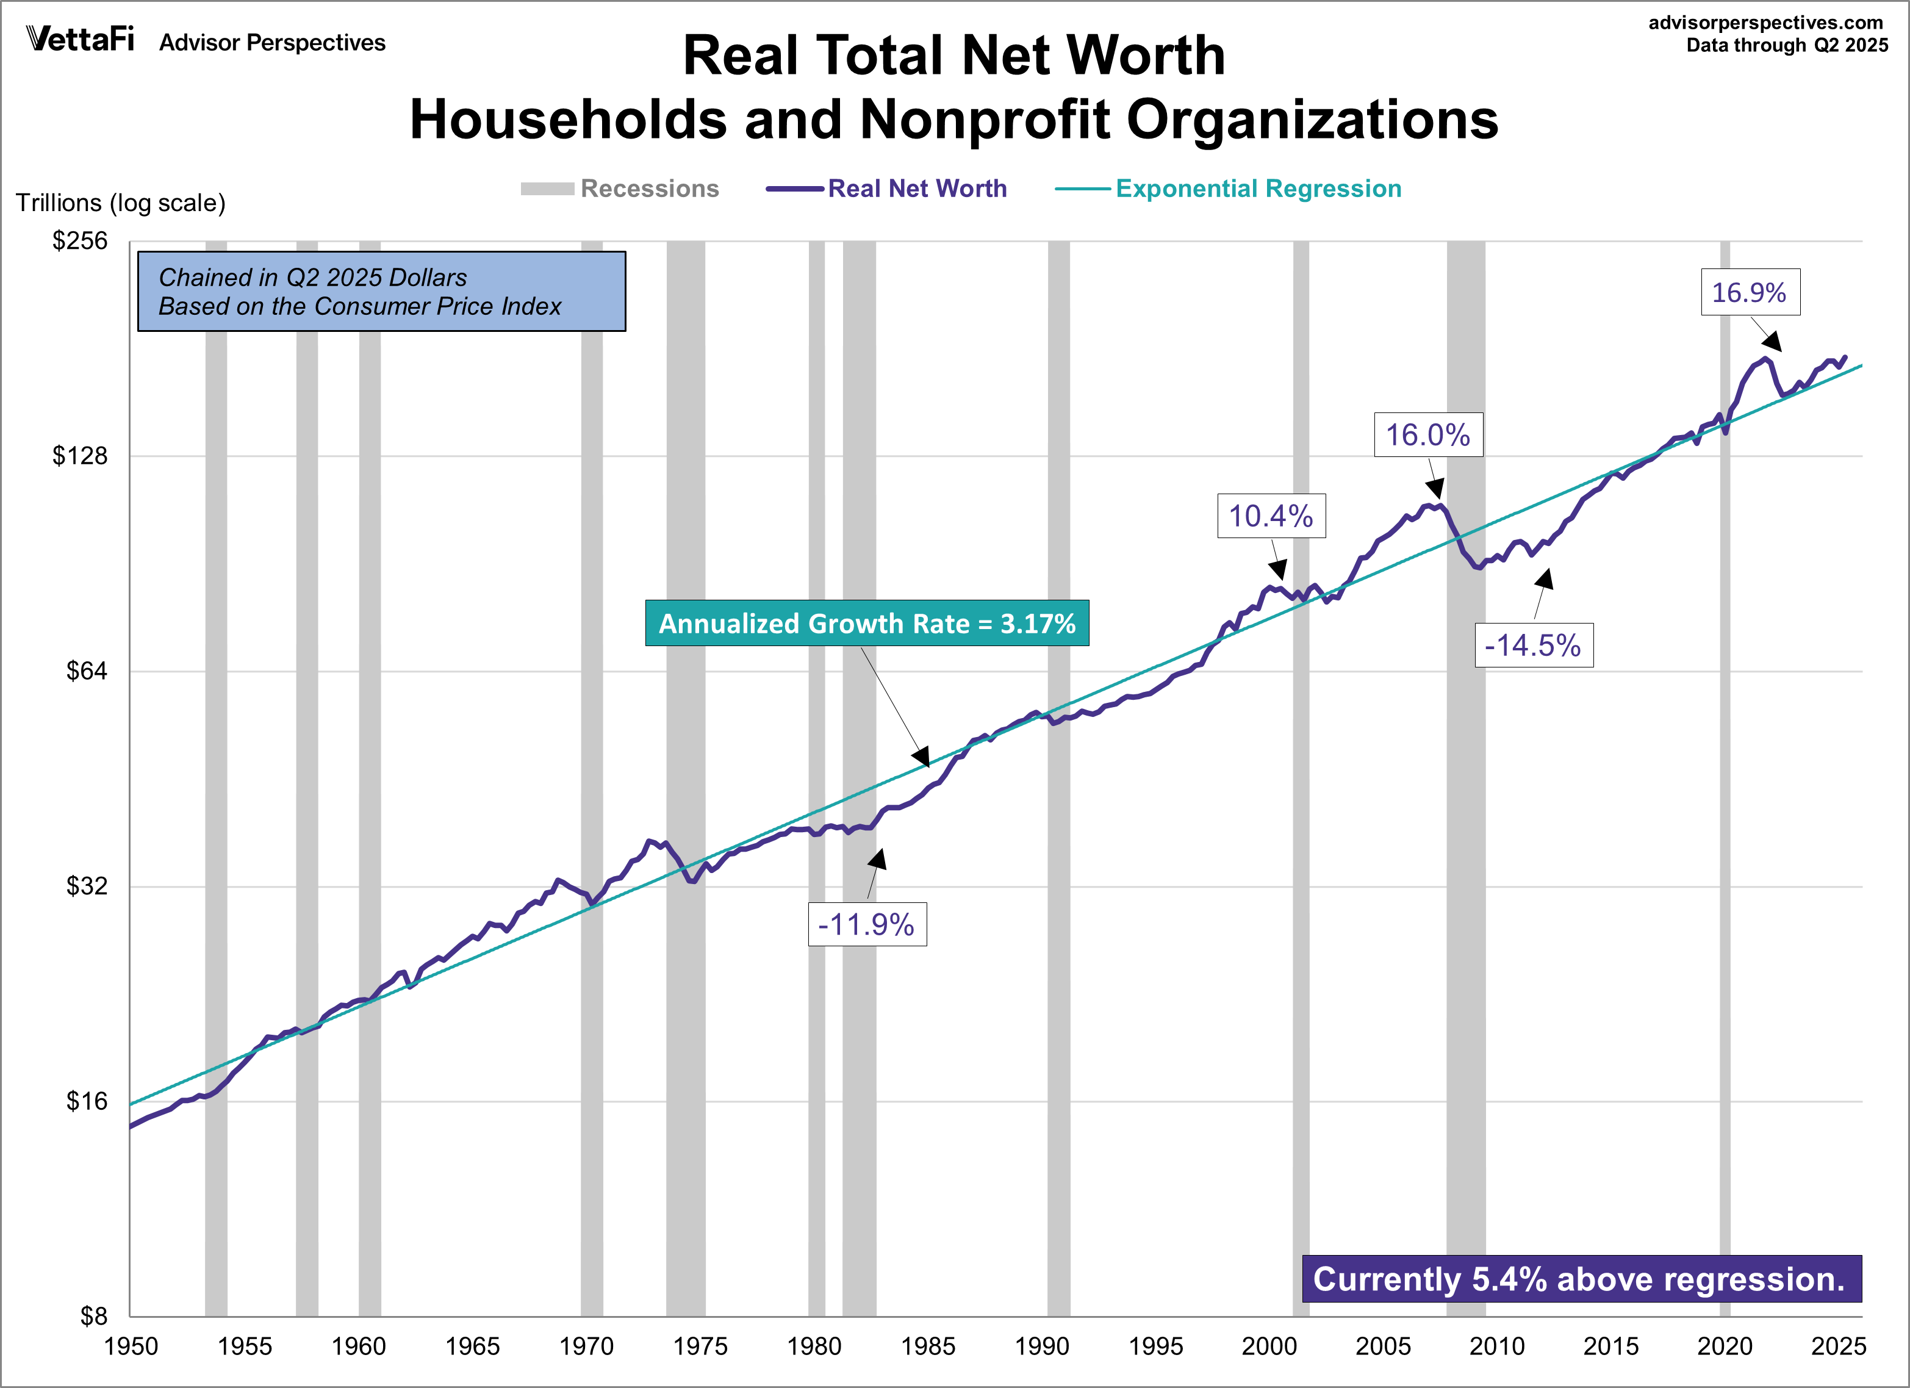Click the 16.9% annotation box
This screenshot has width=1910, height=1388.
click(1750, 292)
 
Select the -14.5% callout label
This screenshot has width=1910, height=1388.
click(1533, 645)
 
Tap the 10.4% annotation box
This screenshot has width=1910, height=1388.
click(1271, 516)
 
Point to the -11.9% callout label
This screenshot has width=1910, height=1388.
click(867, 924)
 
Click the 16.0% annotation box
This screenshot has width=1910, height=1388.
click(1427, 434)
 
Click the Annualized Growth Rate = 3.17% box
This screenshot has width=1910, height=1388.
click(867, 624)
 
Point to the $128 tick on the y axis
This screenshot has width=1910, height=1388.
click(81, 456)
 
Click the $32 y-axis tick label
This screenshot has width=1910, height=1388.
click(87, 886)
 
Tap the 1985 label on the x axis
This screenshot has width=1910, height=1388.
click(927, 1346)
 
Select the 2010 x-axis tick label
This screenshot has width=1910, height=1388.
click(1496, 1346)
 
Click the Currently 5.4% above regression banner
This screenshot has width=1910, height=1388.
click(1581, 1279)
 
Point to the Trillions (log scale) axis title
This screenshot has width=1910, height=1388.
click(120, 203)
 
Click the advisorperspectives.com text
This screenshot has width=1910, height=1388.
click(1765, 23)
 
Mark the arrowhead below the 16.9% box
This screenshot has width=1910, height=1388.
click(1773, 341)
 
